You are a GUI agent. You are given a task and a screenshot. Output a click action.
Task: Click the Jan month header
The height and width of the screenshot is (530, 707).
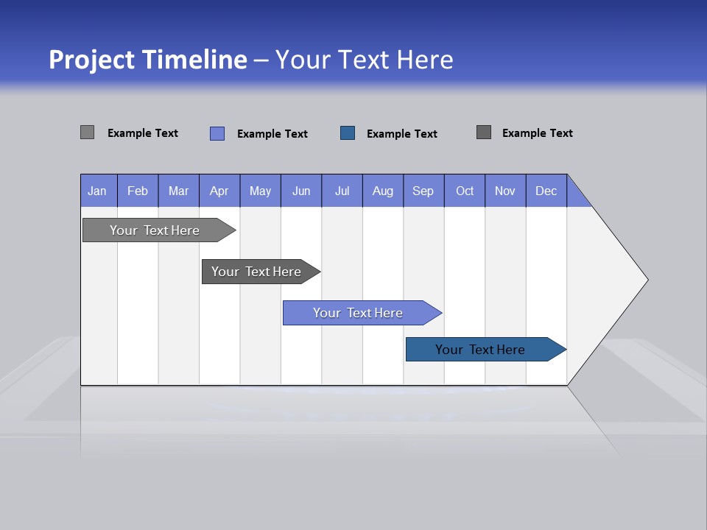coord(98,191)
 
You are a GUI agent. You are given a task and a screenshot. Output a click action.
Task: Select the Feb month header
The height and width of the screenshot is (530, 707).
coord(138,191)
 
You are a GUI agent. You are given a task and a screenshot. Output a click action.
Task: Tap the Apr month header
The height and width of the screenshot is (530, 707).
coord(219,191)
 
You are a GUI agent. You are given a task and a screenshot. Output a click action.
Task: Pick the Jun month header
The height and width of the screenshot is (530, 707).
coord(301,191)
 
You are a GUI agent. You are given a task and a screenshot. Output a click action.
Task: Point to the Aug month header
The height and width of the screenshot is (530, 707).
coord(383,191)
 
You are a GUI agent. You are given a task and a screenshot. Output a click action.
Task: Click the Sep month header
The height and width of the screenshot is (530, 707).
coord(423,191)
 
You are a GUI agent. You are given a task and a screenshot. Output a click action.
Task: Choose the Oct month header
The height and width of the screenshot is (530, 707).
coord(465,191)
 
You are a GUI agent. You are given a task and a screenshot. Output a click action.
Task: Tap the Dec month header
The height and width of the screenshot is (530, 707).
coord(546,191)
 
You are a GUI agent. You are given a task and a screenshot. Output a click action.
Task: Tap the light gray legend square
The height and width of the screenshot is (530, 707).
coord(88,132)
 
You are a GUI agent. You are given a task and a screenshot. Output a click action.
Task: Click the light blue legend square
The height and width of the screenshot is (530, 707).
coord(217,133)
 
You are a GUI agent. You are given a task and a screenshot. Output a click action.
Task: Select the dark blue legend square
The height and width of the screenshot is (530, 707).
coord(348,132)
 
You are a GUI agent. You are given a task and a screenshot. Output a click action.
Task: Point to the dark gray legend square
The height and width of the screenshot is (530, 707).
coord(484,132)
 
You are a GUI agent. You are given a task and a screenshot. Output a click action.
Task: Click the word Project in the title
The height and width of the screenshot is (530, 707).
coord(91,59)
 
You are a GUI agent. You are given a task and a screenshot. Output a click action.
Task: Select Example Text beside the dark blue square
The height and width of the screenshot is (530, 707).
coord(401,134)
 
